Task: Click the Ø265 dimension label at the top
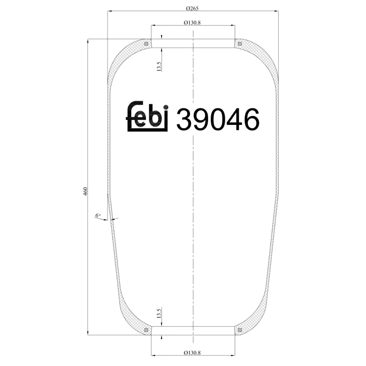pos(193,8)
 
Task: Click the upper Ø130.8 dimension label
pos(193,22)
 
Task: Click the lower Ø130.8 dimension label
pos(193,352)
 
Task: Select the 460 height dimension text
pos(85,192)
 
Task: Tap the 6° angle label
pos(97,215)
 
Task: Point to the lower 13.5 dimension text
pos(159,314)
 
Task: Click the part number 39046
pos(218,120)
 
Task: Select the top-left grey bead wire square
pos(146,44)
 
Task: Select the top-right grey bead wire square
pos(239,44)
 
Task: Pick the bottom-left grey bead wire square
pos(146,330)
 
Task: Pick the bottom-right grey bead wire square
pos(239,330)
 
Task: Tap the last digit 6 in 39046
pos(251,120)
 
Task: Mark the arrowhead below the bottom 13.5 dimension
pos(162,338)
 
